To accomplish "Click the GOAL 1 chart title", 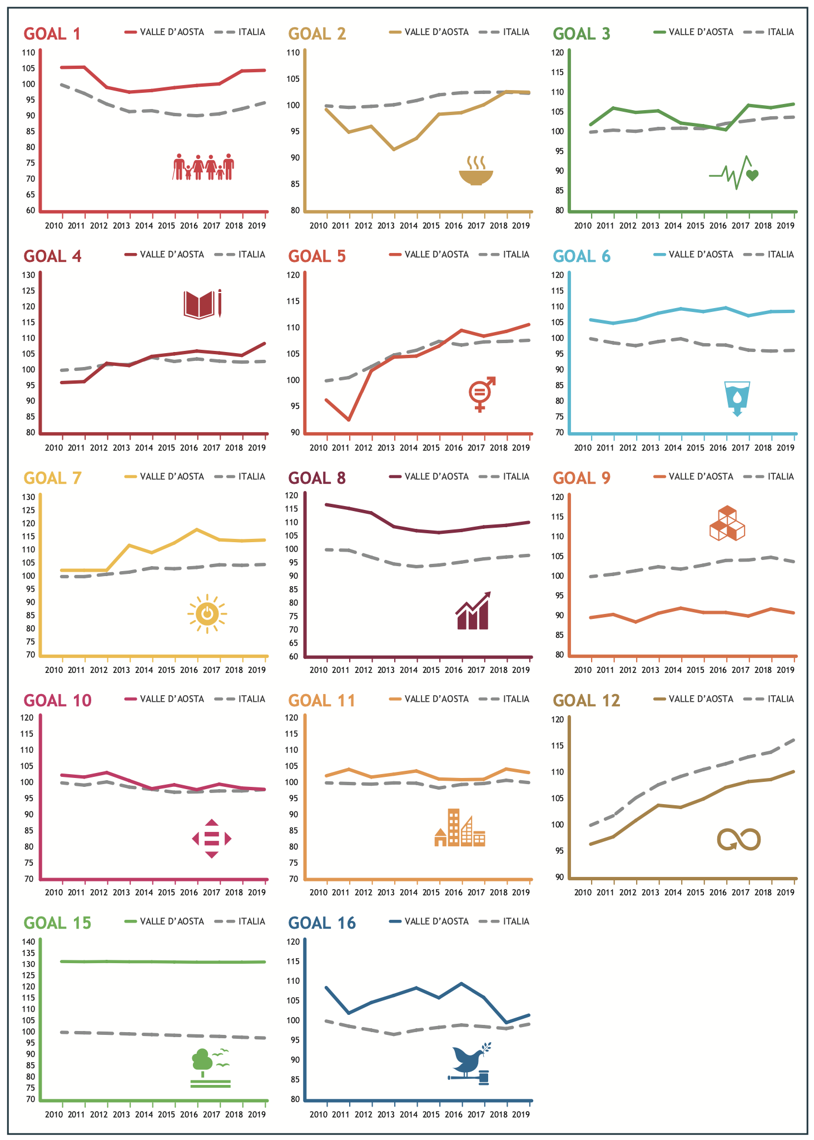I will pyautogui.click(x=52, y=34).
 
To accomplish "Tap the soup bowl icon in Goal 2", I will pyautogui.click(x=475, y=171).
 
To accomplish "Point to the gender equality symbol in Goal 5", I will pyautogui.click(x=482, y=394).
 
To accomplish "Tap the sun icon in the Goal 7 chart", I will pyautogui.click(x=207, y=614).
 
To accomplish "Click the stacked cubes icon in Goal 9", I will pyautogui.click(x=727, y=523).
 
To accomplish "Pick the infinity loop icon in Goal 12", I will pyautogui.click(x=738, y=839).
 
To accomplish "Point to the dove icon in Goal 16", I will pyautogui.click(x=470, y=1063).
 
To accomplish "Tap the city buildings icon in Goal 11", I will pyautogui.click(x=460, y=828).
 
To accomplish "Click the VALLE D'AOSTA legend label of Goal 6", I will pyautogui.click(x=701, y=255).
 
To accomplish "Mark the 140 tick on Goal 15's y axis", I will pyautogui.click(x=29, y=942).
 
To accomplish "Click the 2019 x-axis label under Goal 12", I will pyautogui.click(x=785, y=893).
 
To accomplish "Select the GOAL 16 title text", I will pyautogui.click(x=322, y=923).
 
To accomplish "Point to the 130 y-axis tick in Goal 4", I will pyautogui.click(x=29, y=275).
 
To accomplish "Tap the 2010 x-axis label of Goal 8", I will pyautogui.click(x=318, y=670).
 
